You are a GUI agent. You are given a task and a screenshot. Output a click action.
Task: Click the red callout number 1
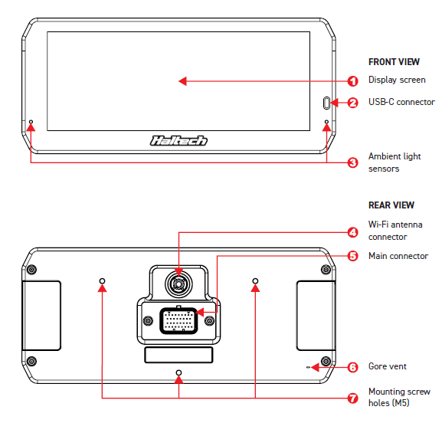(x=352, y=81)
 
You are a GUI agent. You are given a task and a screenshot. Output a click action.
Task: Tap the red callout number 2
(x=352, y=103)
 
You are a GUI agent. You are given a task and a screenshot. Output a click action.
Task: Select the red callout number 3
(x=352, y=162)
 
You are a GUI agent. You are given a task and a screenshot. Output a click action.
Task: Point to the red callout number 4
(x=352, y=233)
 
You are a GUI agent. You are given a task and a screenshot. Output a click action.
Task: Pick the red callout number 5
(x=352, y=256)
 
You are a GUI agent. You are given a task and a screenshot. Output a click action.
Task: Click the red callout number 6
(x=352, y=367)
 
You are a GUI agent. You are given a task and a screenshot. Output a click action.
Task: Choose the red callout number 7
(x=352, y=398)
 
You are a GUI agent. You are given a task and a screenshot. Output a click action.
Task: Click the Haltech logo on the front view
(x=178, y=140)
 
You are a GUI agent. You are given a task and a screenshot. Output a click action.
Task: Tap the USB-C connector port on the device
(x=326, y=103)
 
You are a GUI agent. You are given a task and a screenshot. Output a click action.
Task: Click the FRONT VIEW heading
(x=394, y=62)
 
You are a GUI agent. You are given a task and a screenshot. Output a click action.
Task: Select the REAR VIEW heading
(x=391, y=205)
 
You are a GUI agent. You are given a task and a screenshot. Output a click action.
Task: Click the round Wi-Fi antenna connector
(x=178, y=284)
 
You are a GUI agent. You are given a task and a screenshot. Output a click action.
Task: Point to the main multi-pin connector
(x=178, y=321)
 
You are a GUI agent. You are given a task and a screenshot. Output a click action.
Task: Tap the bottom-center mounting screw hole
(x=178, y=372)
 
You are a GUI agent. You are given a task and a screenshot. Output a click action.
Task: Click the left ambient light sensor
(x=31, y=122)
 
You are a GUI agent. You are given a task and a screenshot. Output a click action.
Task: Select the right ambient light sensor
(x=326, y=122)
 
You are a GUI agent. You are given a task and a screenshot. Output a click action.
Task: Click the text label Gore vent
(x=388, y=366)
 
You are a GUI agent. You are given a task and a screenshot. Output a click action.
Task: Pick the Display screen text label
(x=397, y=80)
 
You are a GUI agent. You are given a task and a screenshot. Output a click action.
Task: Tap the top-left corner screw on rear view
(x=31, y=270)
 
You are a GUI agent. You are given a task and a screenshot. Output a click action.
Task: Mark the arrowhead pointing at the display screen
(x=182, y=81)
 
